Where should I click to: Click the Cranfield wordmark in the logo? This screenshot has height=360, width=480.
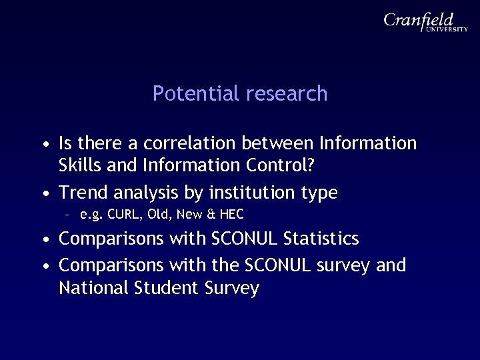(x=419, y=20)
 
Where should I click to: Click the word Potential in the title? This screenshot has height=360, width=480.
(x=197, y=94)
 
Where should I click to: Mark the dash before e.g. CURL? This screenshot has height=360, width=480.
(x=67, y=215)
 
